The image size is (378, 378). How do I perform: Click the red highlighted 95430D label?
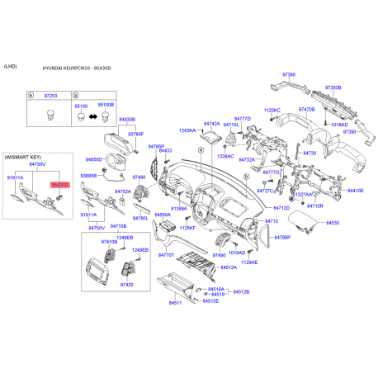point(60,185)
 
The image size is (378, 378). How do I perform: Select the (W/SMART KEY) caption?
point(21,156)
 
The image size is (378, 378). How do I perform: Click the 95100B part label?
point(106,106)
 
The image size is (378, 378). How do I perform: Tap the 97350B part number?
point(333,87)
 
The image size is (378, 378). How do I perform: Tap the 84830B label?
point(126,120)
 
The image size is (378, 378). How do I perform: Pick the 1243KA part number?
point(186,130)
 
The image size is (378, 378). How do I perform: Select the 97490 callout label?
point(219,256)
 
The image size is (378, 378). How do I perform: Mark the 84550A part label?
point(162,214)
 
